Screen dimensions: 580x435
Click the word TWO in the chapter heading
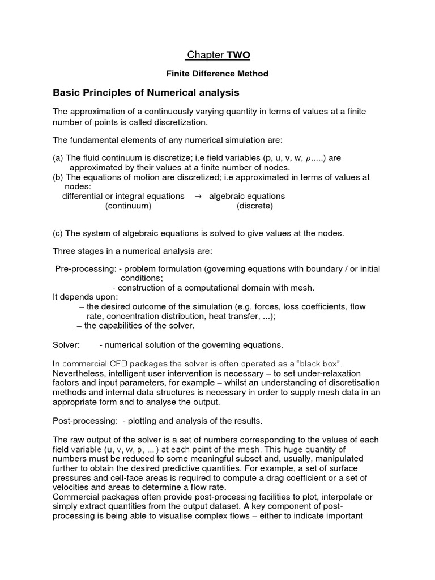pyautogui.click(x=238, y=55)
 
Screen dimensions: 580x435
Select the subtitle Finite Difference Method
pyautogui.click(x=217, y=74)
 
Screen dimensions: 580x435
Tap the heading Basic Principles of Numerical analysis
pyautogui.click(x=146, y=92)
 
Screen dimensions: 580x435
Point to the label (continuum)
pyautogui.click(x=128, y=206)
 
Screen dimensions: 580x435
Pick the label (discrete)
pyautogui.click(x=254, y=206)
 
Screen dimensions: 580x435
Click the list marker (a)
pyautogui.click(x=58, y=158)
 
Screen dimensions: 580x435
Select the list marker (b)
pyautogui.click(x=58, y=177)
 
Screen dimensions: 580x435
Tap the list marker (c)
pyautogui.click(x=58, y=233)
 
